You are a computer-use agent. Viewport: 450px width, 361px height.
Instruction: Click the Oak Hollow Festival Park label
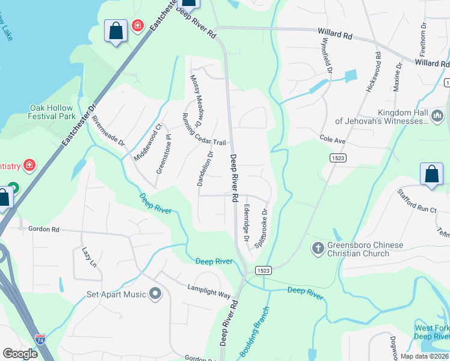coord(52,112)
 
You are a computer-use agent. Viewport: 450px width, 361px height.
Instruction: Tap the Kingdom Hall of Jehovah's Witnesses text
coord(401,117)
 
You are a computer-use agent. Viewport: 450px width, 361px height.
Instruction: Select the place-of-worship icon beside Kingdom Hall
coord(437,114)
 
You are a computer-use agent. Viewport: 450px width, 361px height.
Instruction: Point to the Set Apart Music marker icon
coord(156,294)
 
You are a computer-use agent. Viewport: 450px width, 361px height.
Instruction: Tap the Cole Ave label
coord(332,140)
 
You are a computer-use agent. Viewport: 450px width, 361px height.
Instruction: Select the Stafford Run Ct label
coord(417,201)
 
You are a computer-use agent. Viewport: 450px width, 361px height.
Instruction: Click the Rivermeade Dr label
coord(108,132)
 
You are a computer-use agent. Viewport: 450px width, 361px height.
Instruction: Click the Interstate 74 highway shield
coord(40,340)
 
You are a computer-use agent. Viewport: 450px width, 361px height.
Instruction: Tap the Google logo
coord(20,354)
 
